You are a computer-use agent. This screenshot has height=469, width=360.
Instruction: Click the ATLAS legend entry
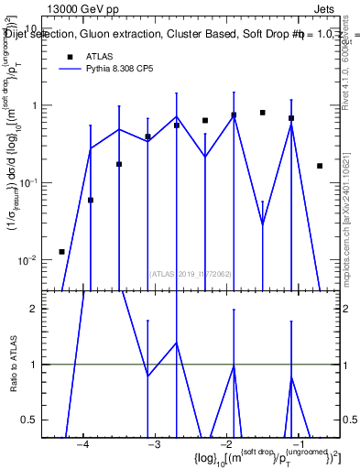click(99, 56)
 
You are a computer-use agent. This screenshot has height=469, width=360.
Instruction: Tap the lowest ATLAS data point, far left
click(61, 251)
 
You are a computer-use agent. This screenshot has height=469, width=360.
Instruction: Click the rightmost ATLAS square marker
click(320, 166)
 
